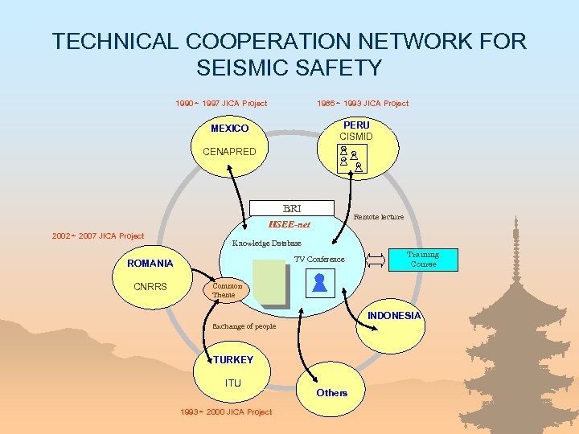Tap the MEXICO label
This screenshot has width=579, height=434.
[x=229, y=129]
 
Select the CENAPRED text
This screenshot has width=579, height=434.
[x=229, y=151]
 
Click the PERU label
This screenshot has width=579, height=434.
[x=356, y=125]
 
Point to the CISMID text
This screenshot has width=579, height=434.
[x=356, y=137]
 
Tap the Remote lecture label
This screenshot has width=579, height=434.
[x=379, y=217]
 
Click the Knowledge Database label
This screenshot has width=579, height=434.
[x=266, y=243]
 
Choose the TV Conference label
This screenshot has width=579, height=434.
[x=319, y=259]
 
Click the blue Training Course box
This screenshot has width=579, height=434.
[x=424, y=260]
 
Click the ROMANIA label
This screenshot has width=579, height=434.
[x=150, y=264]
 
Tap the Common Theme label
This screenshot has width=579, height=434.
[x=227, y=290]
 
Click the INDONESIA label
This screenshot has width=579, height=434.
[x=394, y=316]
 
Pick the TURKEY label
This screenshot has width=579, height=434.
[x=233, y=360]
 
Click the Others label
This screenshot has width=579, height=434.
[x=331, y=392]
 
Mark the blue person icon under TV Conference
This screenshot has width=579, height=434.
[x=319, y=282]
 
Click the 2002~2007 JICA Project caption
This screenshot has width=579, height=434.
[x=98, y=235]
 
